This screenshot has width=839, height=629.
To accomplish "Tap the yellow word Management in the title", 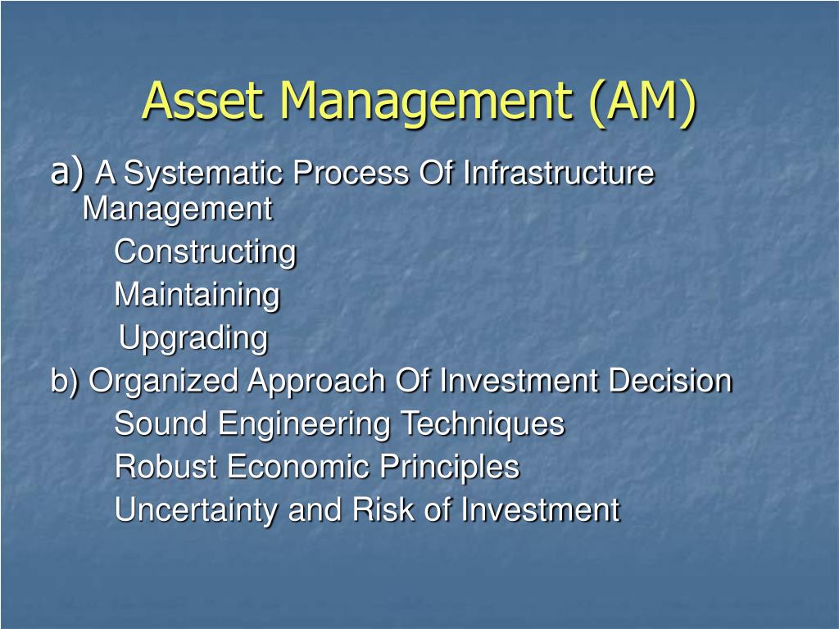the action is point(426,104).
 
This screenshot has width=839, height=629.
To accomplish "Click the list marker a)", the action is point(67,172).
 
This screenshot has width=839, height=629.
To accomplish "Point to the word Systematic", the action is point(203,174).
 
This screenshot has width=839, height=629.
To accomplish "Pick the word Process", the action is point(351,173).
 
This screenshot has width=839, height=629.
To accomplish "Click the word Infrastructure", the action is point(559,173).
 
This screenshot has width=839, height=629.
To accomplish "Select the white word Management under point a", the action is point(178,209).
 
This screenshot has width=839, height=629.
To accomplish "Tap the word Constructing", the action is point(205,252).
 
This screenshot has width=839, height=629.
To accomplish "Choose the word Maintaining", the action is point(197,295).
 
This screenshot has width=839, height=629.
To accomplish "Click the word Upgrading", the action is point(193,338).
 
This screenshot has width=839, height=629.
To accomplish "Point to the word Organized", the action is point(163,382).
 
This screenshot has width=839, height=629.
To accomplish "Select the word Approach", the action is point(316,382).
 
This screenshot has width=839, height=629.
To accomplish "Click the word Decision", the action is point(670,380).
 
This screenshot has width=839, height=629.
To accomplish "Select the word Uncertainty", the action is point(196,509).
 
